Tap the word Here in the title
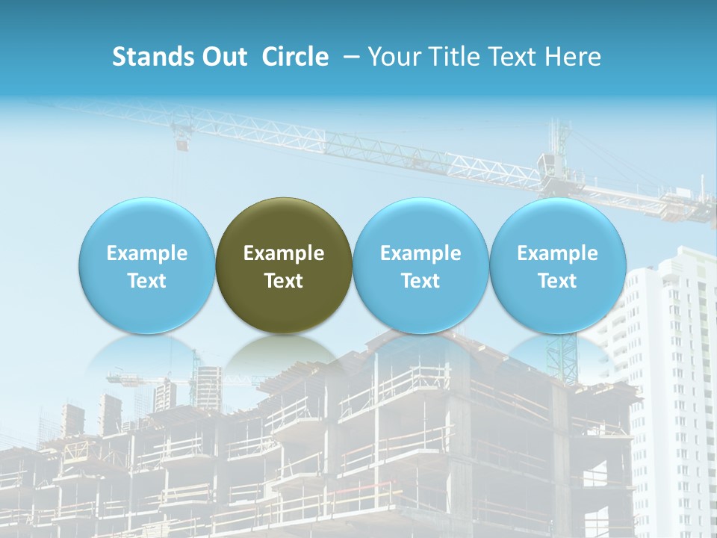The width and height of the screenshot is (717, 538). coord(572,57)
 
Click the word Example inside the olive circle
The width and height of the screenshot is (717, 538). coord(284,253)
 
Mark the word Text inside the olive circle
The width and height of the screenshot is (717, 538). coord(284,281)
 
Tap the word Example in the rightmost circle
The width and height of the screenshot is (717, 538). coord(558,253)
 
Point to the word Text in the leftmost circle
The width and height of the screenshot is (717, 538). coord(147,281)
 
